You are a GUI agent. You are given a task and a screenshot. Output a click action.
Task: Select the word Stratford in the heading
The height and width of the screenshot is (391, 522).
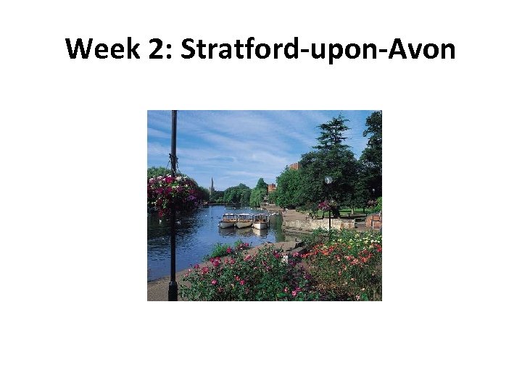click(x=236, y=50)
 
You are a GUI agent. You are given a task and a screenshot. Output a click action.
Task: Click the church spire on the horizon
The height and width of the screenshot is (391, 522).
click(x=212, y=185)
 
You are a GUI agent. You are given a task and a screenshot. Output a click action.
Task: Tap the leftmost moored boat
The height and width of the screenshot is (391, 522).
click(x=228, y=220)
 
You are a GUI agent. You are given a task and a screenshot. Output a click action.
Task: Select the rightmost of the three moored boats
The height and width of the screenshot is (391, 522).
click(x=261, y=220)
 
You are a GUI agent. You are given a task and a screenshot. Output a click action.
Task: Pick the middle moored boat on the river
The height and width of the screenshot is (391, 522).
click(x=244, y=220)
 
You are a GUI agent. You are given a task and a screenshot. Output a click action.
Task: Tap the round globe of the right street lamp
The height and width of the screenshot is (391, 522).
click(x=328, y=180)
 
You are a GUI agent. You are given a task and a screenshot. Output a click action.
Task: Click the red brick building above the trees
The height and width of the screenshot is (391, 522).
click(x=294, y=166)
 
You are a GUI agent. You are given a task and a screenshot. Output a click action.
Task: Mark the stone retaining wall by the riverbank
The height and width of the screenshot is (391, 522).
click(x=319, y=224)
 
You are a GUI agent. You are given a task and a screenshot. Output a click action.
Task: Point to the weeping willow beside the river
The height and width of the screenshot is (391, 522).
click(x=257, y=195)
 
